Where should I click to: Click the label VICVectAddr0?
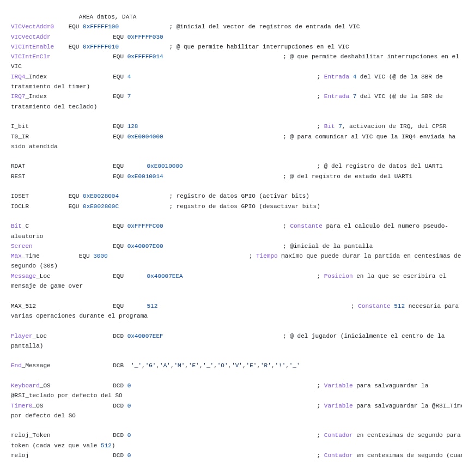click(32, 27)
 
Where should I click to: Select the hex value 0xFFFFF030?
click(145, 37)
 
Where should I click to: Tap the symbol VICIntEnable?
click(32, 47)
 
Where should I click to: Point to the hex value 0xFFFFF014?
click(145, 57)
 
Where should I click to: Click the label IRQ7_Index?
click(29, 96)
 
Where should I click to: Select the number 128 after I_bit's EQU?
click(132, 126)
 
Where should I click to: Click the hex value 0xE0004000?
click(145, 137)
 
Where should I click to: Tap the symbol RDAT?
click(18, 166)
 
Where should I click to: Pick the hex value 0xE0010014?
click(145, 177)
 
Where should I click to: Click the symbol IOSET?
click(20, 196)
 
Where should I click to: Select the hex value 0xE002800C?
click(101, 206)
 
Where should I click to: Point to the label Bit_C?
click(20, 226)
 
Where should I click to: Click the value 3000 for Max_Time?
click(100, 256)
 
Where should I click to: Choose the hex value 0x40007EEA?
click(165, 276)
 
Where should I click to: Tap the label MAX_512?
click(23, 306)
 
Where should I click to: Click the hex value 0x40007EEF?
click(145, 336)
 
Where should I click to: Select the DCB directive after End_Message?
click(118, 366)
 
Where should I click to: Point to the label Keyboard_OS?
click(31, 386)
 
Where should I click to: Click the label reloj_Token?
click(31, 435)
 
